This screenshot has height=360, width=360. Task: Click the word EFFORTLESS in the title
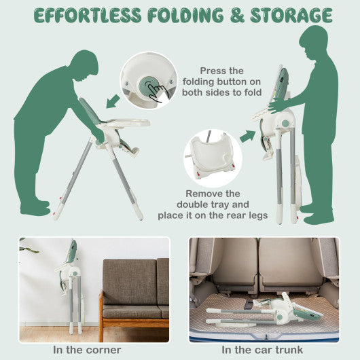pos(88,16)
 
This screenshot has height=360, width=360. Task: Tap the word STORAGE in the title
pos(291,16)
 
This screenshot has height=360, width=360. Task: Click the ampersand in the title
pos(237,16)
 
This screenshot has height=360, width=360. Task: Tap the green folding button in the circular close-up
pos(149,88)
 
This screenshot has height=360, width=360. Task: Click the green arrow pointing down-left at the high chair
pos(113,101)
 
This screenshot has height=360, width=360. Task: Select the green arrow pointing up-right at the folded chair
pos(247,136)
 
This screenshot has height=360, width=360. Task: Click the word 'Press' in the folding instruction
pos(211,71)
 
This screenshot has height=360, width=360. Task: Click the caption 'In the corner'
pos(87,350)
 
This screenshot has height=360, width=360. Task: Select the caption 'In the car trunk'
pos(262,350)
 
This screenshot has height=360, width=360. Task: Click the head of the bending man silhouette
pos(84,65)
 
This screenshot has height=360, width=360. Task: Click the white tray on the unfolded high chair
pos(128,123)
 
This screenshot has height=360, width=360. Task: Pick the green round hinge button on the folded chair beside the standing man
pos(285,124)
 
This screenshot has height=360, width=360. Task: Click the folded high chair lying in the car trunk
pos(264,310)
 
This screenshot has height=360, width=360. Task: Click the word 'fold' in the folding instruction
pos(253,92)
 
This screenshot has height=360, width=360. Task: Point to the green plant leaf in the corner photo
pos(29,249)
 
